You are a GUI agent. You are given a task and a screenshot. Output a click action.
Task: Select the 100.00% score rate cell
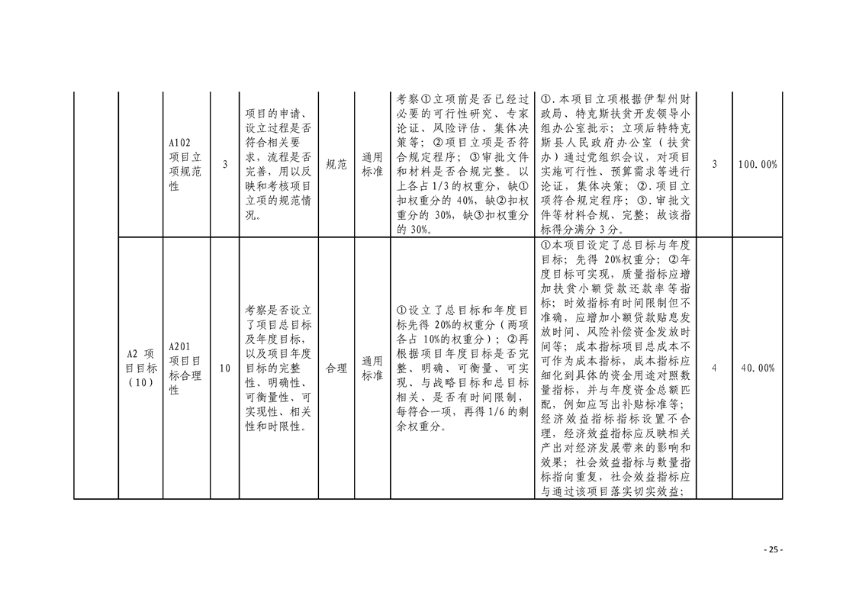[x=758, y=164]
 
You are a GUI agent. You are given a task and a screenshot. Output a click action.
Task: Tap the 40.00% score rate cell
[x=758, y=368]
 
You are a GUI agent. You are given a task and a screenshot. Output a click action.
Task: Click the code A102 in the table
[x=179, y=143]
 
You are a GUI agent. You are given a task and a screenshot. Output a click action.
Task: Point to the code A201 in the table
[x=179, y=346]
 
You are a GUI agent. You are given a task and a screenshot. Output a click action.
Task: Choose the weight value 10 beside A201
[x=225, y=368]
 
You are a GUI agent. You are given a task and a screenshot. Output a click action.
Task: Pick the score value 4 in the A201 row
[x=714, y=368]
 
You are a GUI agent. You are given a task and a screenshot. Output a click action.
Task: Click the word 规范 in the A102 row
[x=336, y=164]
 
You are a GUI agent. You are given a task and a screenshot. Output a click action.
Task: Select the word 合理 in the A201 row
[x=336, y=368]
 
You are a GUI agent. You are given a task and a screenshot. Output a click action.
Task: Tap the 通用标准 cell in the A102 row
[x=372, y=164]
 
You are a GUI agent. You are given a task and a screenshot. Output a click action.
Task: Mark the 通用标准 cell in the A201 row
[x=372, y=368]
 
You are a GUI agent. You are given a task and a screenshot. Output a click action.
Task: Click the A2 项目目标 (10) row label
[x=141, y=368]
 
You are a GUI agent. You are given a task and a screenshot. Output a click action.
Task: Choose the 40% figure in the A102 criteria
[x=465, y=201]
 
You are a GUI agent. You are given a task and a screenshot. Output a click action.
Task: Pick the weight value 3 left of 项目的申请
[x=225, y=164]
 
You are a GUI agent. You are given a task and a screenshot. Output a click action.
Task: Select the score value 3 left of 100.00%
[x=714, y=164]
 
